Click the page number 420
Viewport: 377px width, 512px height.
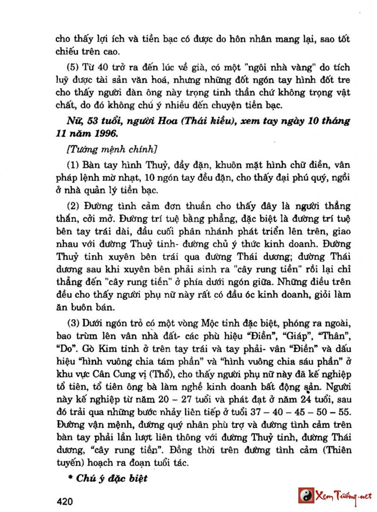tap(64, 500)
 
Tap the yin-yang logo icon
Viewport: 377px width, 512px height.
tap(306, 495)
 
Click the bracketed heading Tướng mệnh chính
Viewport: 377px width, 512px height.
tap(112, 149)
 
